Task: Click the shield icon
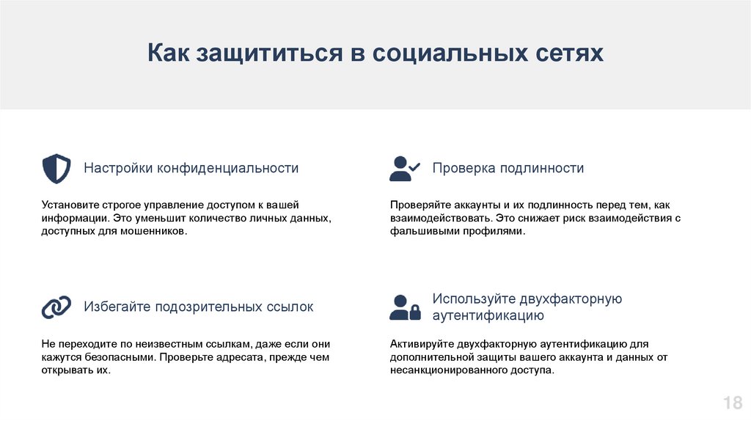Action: click(56, 169)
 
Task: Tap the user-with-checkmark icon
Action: click(405, 169)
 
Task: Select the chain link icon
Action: click(56, 307)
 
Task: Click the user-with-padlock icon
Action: click(405, 307)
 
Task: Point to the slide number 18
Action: click(733, 403)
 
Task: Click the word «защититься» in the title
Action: click(269, 53)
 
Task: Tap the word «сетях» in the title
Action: click(569, 53)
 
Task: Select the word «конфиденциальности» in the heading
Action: click(227, 168)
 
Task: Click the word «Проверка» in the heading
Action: click(464, 168)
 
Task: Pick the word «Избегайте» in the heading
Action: click(117, 307)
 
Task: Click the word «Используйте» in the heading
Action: click(474, 299)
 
